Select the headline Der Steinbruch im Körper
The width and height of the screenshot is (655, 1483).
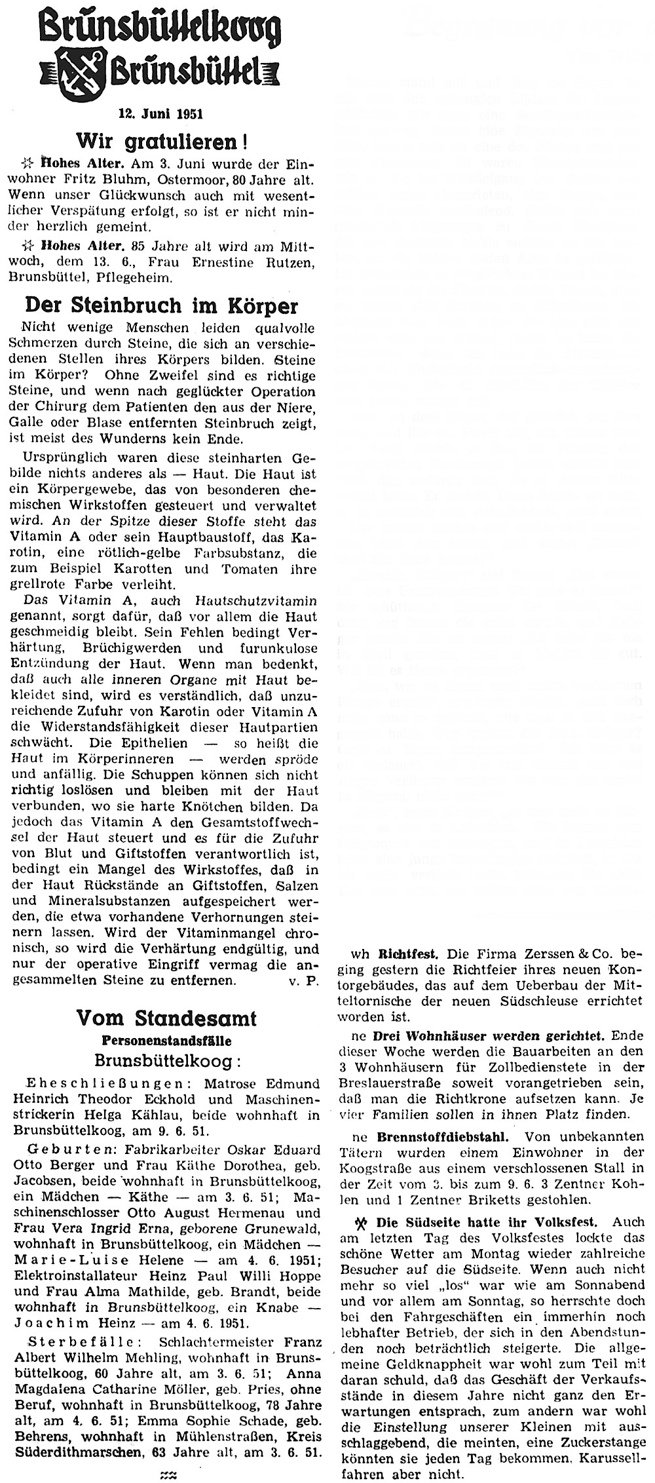[x=161, y=307]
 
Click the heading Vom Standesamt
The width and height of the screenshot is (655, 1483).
[x=166, y=1018]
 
